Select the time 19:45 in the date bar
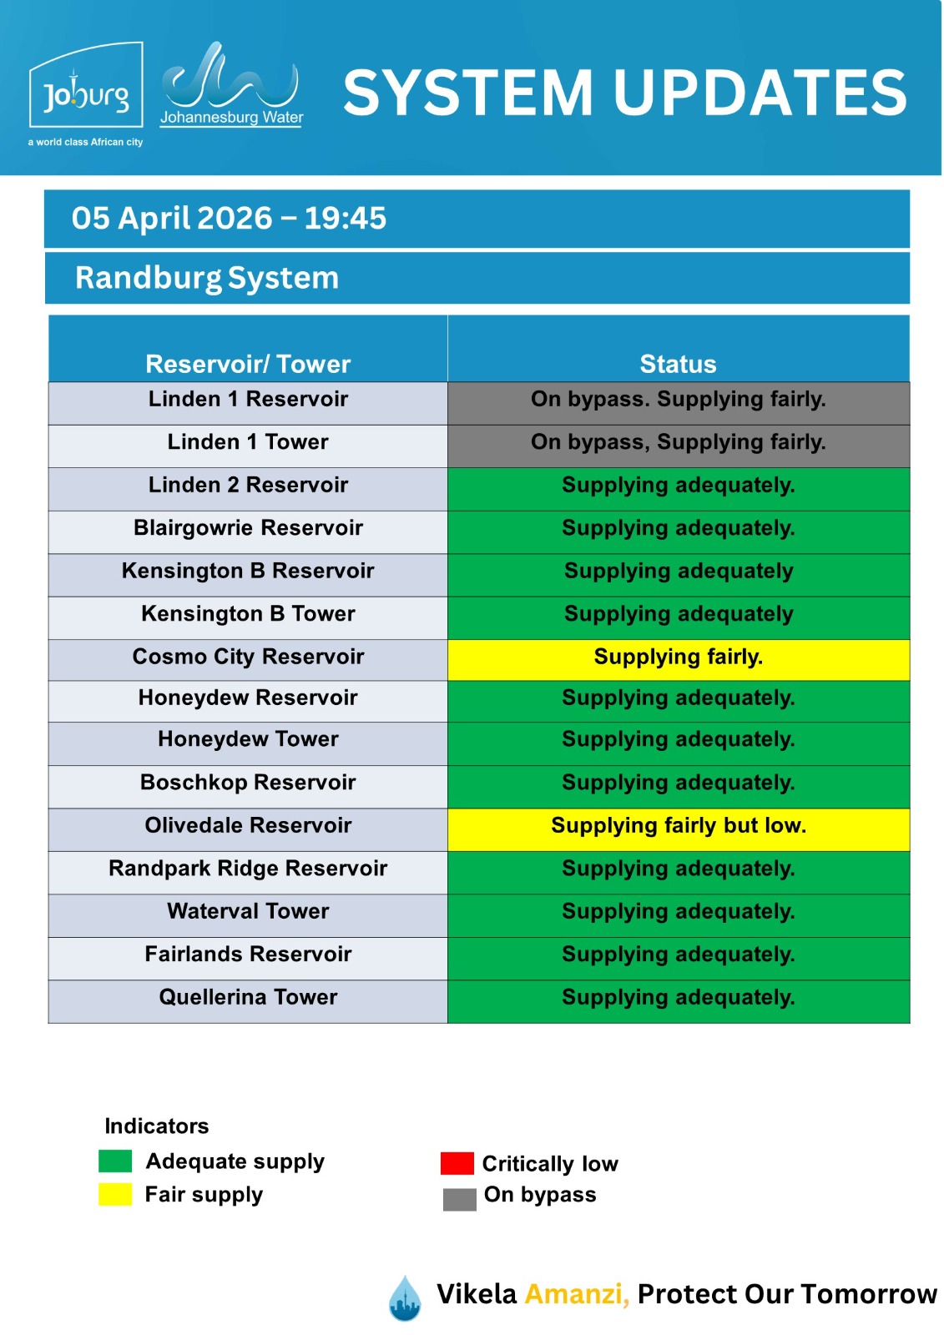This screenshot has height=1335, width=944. tap(345, 219)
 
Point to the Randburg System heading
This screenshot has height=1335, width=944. tap(207, 278)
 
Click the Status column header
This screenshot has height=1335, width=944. tap(678, 364)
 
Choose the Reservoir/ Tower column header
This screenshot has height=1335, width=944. tap(248, 364)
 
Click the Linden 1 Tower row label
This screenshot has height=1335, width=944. tap(248, 442)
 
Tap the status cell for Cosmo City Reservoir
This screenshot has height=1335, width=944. tap(678, 657)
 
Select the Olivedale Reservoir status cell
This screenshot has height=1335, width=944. tap(678, 826)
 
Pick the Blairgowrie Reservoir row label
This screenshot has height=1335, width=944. tap(248, 528)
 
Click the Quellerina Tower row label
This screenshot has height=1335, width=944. tap(248, 998)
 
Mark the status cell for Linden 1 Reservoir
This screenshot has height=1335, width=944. tap(678, 400)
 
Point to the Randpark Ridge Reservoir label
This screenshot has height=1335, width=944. tap(248, 869)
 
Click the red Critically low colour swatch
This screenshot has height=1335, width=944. tap(457, 1163)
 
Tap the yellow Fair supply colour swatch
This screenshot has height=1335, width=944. tap(115, 1195)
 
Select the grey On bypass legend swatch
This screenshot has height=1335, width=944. tap(459, 1199)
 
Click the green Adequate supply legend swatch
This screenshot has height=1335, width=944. tap(115, 1161)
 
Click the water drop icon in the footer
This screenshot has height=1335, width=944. tap(405, 1298)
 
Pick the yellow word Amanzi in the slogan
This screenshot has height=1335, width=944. tap(576, 1294)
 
